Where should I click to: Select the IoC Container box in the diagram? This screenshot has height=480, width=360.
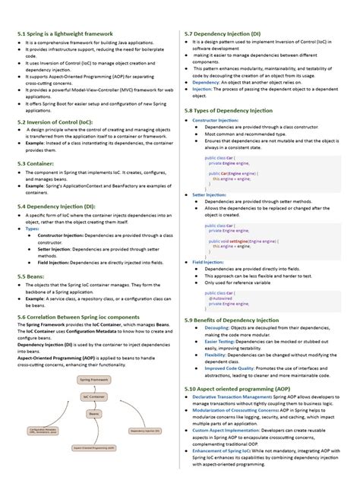point(94,396)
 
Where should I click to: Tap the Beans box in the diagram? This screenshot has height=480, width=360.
point(94,414)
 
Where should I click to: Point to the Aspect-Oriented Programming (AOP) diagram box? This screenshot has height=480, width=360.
point(93,448)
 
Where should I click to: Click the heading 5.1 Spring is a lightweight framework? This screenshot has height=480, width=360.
point(65,34)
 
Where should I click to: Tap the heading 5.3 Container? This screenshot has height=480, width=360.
point(36,163)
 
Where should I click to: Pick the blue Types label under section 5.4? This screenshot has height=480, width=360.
point(32,228)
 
